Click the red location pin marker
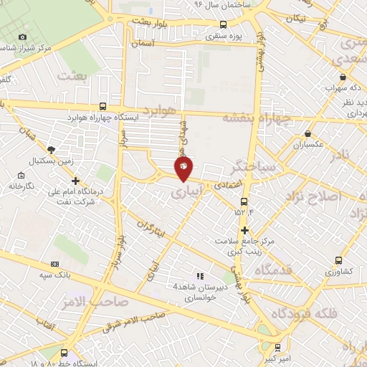click(x=183, y=168)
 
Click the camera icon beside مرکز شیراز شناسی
click(x=22, y=37)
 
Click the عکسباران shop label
click(x=309, y=145)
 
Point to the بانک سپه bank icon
click(x=56, y=264)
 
